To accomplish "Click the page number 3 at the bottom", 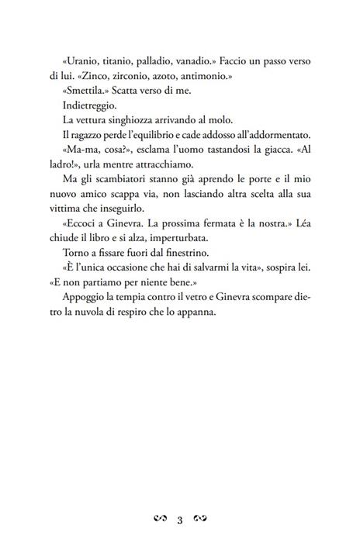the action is click(180, 518).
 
